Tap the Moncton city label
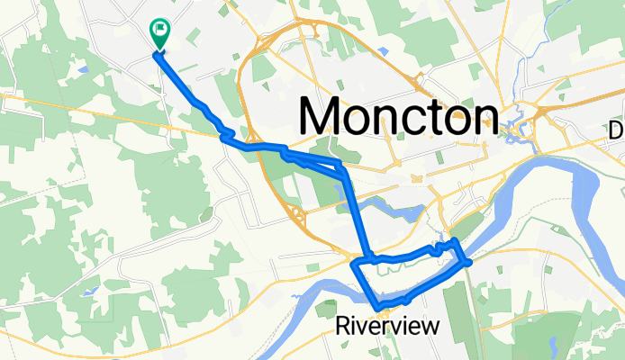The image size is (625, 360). click(398, 117)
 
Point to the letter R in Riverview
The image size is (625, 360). click(342, 326)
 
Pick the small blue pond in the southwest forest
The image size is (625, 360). click(89, 291)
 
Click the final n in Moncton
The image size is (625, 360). click(483, 117)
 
